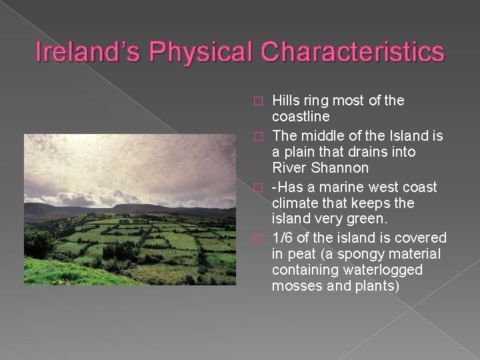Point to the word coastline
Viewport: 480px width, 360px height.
(x=301, y=117)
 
